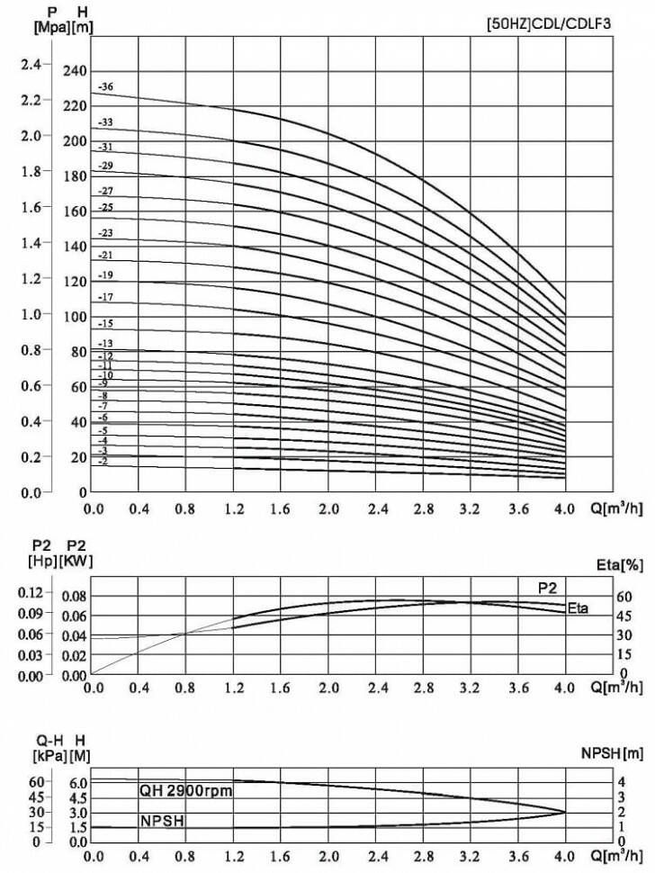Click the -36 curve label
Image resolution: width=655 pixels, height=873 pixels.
105,87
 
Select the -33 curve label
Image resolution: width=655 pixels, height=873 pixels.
105,122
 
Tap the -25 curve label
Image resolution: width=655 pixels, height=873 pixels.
105,208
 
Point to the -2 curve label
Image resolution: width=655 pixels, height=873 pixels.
103,461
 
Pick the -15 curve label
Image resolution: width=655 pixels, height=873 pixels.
105,323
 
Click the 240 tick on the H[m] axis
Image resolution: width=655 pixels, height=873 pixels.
76,71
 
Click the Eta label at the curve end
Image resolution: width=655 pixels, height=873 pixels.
578,609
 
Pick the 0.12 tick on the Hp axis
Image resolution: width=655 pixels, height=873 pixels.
31,593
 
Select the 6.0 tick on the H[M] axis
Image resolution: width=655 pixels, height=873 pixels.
77,782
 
